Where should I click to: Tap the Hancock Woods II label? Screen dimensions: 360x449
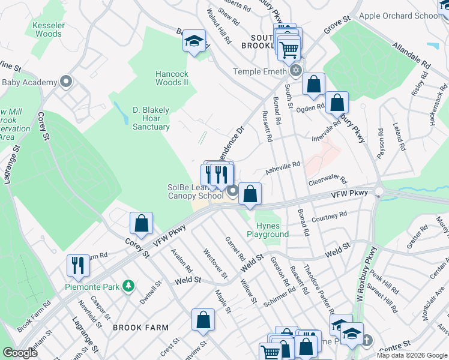172,78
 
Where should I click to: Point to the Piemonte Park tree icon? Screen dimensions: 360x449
127,287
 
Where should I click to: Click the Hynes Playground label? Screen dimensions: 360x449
268,230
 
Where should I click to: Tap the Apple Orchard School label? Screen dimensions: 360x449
400,16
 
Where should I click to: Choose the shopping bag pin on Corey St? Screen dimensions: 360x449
141,224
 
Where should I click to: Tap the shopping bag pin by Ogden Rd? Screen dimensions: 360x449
337,102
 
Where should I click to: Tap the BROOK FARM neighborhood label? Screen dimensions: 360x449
137,328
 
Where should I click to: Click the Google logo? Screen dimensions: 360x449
20,353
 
